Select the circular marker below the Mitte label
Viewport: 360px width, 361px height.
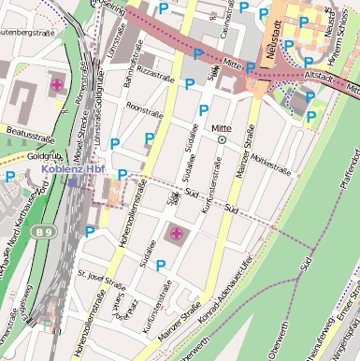(222, 139)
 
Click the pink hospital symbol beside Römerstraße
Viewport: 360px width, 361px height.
(57, 85)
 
